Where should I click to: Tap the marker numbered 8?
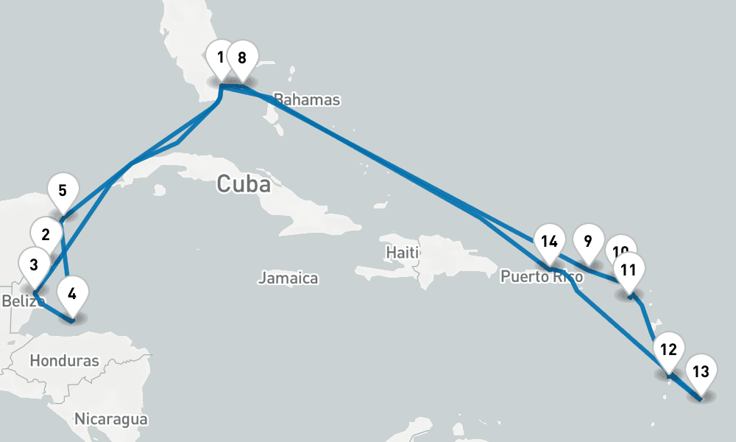click(242, 57)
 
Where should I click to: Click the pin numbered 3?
click(34, 263)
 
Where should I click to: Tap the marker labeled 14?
click(548, 242)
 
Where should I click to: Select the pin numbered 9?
click(587, 242)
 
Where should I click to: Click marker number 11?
click(628, 270)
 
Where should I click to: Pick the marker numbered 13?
click(701, 372)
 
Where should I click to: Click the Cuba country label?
click(243, 184)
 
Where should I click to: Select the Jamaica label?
click(288, 278)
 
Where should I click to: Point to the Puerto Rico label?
click(541, 278)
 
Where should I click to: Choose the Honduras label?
click(65, 361)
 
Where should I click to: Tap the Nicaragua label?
click(110, 419)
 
